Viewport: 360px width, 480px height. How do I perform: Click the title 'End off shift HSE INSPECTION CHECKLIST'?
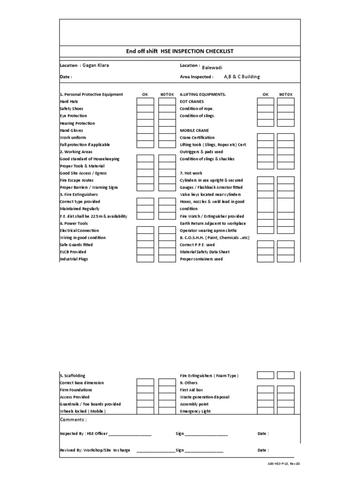tap(180, 51)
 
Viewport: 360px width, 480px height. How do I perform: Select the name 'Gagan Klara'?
tap(96, 65)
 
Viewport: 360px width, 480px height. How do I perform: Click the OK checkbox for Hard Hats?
tap(145, 102)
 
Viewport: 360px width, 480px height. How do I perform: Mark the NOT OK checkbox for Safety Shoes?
tap(166, 109)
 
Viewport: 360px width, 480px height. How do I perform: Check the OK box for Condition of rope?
tap(266, 109)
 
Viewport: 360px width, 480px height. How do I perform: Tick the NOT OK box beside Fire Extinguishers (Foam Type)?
tap(285, 375)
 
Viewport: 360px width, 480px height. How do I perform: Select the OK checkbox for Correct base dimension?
tap(145, 382)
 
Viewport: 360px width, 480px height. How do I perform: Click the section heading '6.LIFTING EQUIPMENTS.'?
tap(203, 94)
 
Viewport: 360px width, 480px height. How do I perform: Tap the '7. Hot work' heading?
tap(191, 173)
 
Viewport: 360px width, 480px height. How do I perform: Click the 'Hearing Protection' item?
tap(77, 123)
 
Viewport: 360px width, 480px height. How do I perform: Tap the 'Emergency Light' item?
tap(195, 411)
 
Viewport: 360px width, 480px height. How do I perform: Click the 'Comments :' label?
tap(73, 420)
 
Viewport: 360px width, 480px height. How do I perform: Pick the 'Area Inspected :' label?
tap(196, 76)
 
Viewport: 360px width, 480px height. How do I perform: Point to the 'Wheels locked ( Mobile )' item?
tap(83, 411)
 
